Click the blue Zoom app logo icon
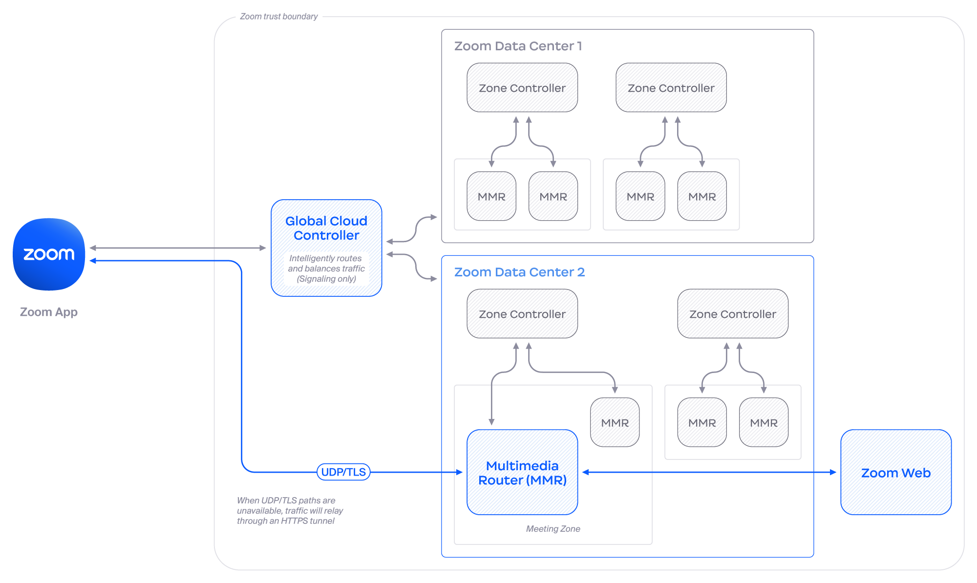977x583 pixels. (x=49, y=254)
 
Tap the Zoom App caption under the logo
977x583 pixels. (x=49, y=312)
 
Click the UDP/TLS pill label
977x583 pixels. (x=343, y=472)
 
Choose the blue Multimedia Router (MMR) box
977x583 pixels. (x=522, y=472)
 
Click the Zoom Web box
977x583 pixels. (x=895, y=472)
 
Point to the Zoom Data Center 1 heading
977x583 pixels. (x=518, y=46)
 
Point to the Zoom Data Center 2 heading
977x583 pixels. (x=519, y=272)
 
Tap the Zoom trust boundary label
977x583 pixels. (x=278, y=17)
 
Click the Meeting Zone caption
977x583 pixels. (x=553, y=529)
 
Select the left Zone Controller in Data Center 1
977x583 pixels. (x=522, y=88)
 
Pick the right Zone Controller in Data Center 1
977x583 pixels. (x=671, y=88)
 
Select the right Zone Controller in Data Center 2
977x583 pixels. (x=732, y=314)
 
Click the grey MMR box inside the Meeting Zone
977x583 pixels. (x=615, y=422)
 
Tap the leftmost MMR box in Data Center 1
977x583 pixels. (x=491, y=196)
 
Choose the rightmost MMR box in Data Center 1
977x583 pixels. (x=702, y=196)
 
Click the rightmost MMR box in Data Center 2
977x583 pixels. (x=764, y=422)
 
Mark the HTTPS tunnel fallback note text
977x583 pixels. (x=290, y=511)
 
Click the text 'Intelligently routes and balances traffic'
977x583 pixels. (x=326, y=264)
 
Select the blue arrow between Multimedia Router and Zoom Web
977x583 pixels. (x=708, y=472)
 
